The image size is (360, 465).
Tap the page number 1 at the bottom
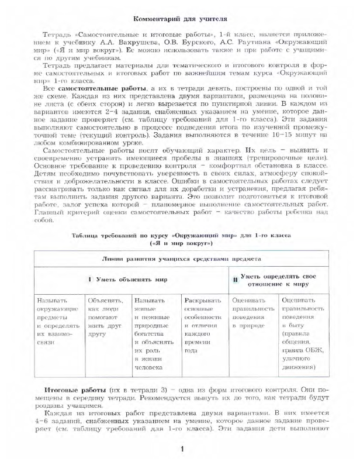tap(182, 450)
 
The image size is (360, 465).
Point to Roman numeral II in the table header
tap(234, 280)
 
